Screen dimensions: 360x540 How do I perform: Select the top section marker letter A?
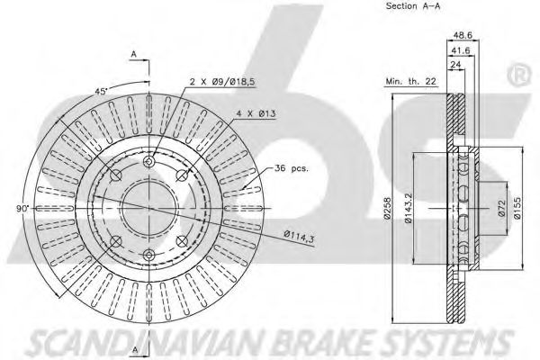132,55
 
